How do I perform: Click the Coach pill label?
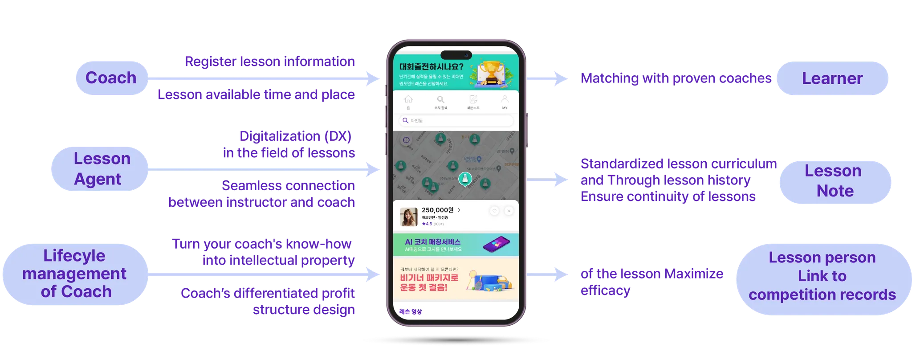[x=111, y=78]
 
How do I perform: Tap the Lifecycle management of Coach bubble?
[x=75, y=274]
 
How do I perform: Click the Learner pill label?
[x=832, y=78]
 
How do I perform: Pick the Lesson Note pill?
[x=835, y=181]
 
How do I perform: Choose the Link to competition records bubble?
[x=822, y=276]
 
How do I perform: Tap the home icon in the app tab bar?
[x=408, y=100]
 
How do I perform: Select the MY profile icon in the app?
[x=505, y=99]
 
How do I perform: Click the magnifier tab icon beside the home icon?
[x=440, y=100]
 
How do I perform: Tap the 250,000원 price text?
[x=437, y=210]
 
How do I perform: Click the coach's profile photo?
[x=408, y=217]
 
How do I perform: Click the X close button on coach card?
[x=509, y=211]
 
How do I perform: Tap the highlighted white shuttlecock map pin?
[x=465, y=179]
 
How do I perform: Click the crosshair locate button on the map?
[x=406, y=140]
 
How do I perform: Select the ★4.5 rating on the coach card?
[x=427, y=224]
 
